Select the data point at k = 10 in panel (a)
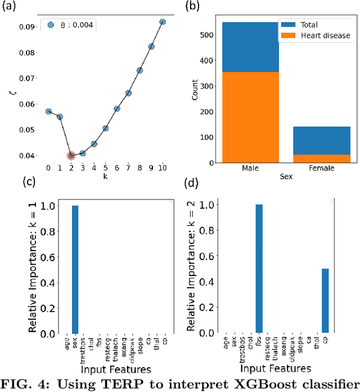pos(163,22)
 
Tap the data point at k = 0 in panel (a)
pos(48,112)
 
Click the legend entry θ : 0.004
pos(70,25)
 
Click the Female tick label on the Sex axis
pos(322,168)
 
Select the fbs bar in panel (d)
pos(259,269)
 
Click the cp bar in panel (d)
pos(326,301)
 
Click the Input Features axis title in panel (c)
pos(116,369)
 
